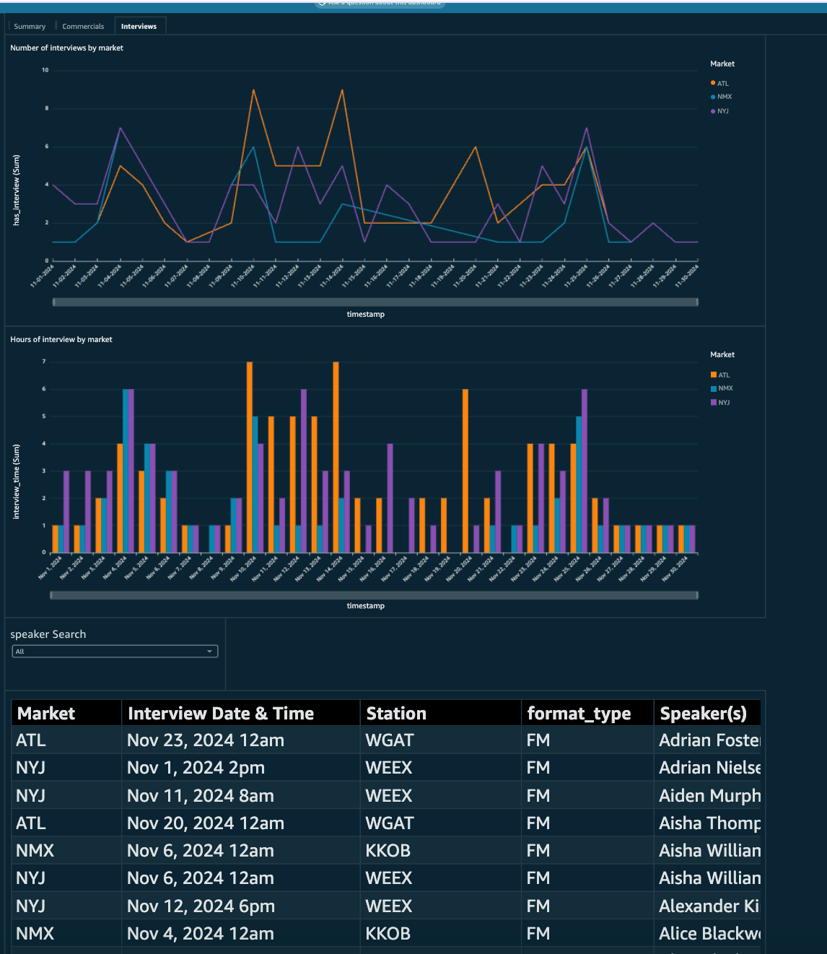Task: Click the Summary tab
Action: coord(30,27)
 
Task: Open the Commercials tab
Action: coord(83,27)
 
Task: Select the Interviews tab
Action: coord(139,27)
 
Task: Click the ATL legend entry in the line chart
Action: coord(722,84)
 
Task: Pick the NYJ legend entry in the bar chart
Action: coord(723,403)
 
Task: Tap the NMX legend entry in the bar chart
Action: coord(725,388)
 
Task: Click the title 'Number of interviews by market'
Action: coord(66,48)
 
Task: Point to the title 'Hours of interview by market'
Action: coord(61,340)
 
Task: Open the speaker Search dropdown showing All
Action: coord(115,652)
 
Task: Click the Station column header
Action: coord(396,714)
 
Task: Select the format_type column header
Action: coord(579,714)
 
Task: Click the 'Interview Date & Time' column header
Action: coord(221,714)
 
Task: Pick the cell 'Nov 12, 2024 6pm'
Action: coord(201,906)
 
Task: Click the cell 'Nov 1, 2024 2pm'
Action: coord(196,768)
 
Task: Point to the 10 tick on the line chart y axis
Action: coord(45,70)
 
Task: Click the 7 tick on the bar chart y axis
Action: coord(44,362)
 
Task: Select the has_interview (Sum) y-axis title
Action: coord(17,191)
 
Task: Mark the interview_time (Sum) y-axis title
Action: coord(17,481)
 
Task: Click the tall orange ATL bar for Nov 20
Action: coord(465,469)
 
